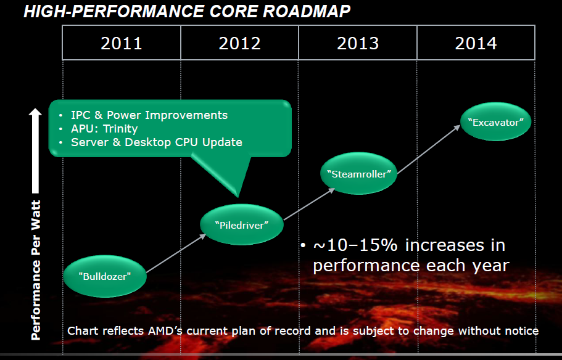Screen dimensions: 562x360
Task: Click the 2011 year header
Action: [x=122, y=43]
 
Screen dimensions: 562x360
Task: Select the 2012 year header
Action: [x=240, y=43]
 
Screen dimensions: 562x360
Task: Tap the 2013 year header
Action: [x=358, y=43]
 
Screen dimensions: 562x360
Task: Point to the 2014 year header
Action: [x=476, y=43]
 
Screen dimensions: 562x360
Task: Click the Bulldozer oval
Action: [x=105, y=276]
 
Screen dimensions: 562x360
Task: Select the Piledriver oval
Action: [x=242, y=224]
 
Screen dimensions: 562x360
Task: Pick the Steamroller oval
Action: [x=359, y=174]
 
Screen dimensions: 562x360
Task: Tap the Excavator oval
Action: [x=496, y=122]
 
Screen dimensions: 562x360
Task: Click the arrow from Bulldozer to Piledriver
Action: [x=176, y=253]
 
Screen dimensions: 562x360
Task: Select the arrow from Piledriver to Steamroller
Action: [x=309, y=204]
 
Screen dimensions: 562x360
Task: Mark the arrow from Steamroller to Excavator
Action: [x=429, y=149]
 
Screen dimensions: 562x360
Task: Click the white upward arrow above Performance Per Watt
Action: [x=35, y=150]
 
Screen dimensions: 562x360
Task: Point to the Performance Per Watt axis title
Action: [x=36, y=270]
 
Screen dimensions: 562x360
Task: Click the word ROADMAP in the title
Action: [x=307, y=12]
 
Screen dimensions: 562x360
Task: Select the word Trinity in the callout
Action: [x=120, y=129]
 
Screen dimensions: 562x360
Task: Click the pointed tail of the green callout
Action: [x=238, y=196]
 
